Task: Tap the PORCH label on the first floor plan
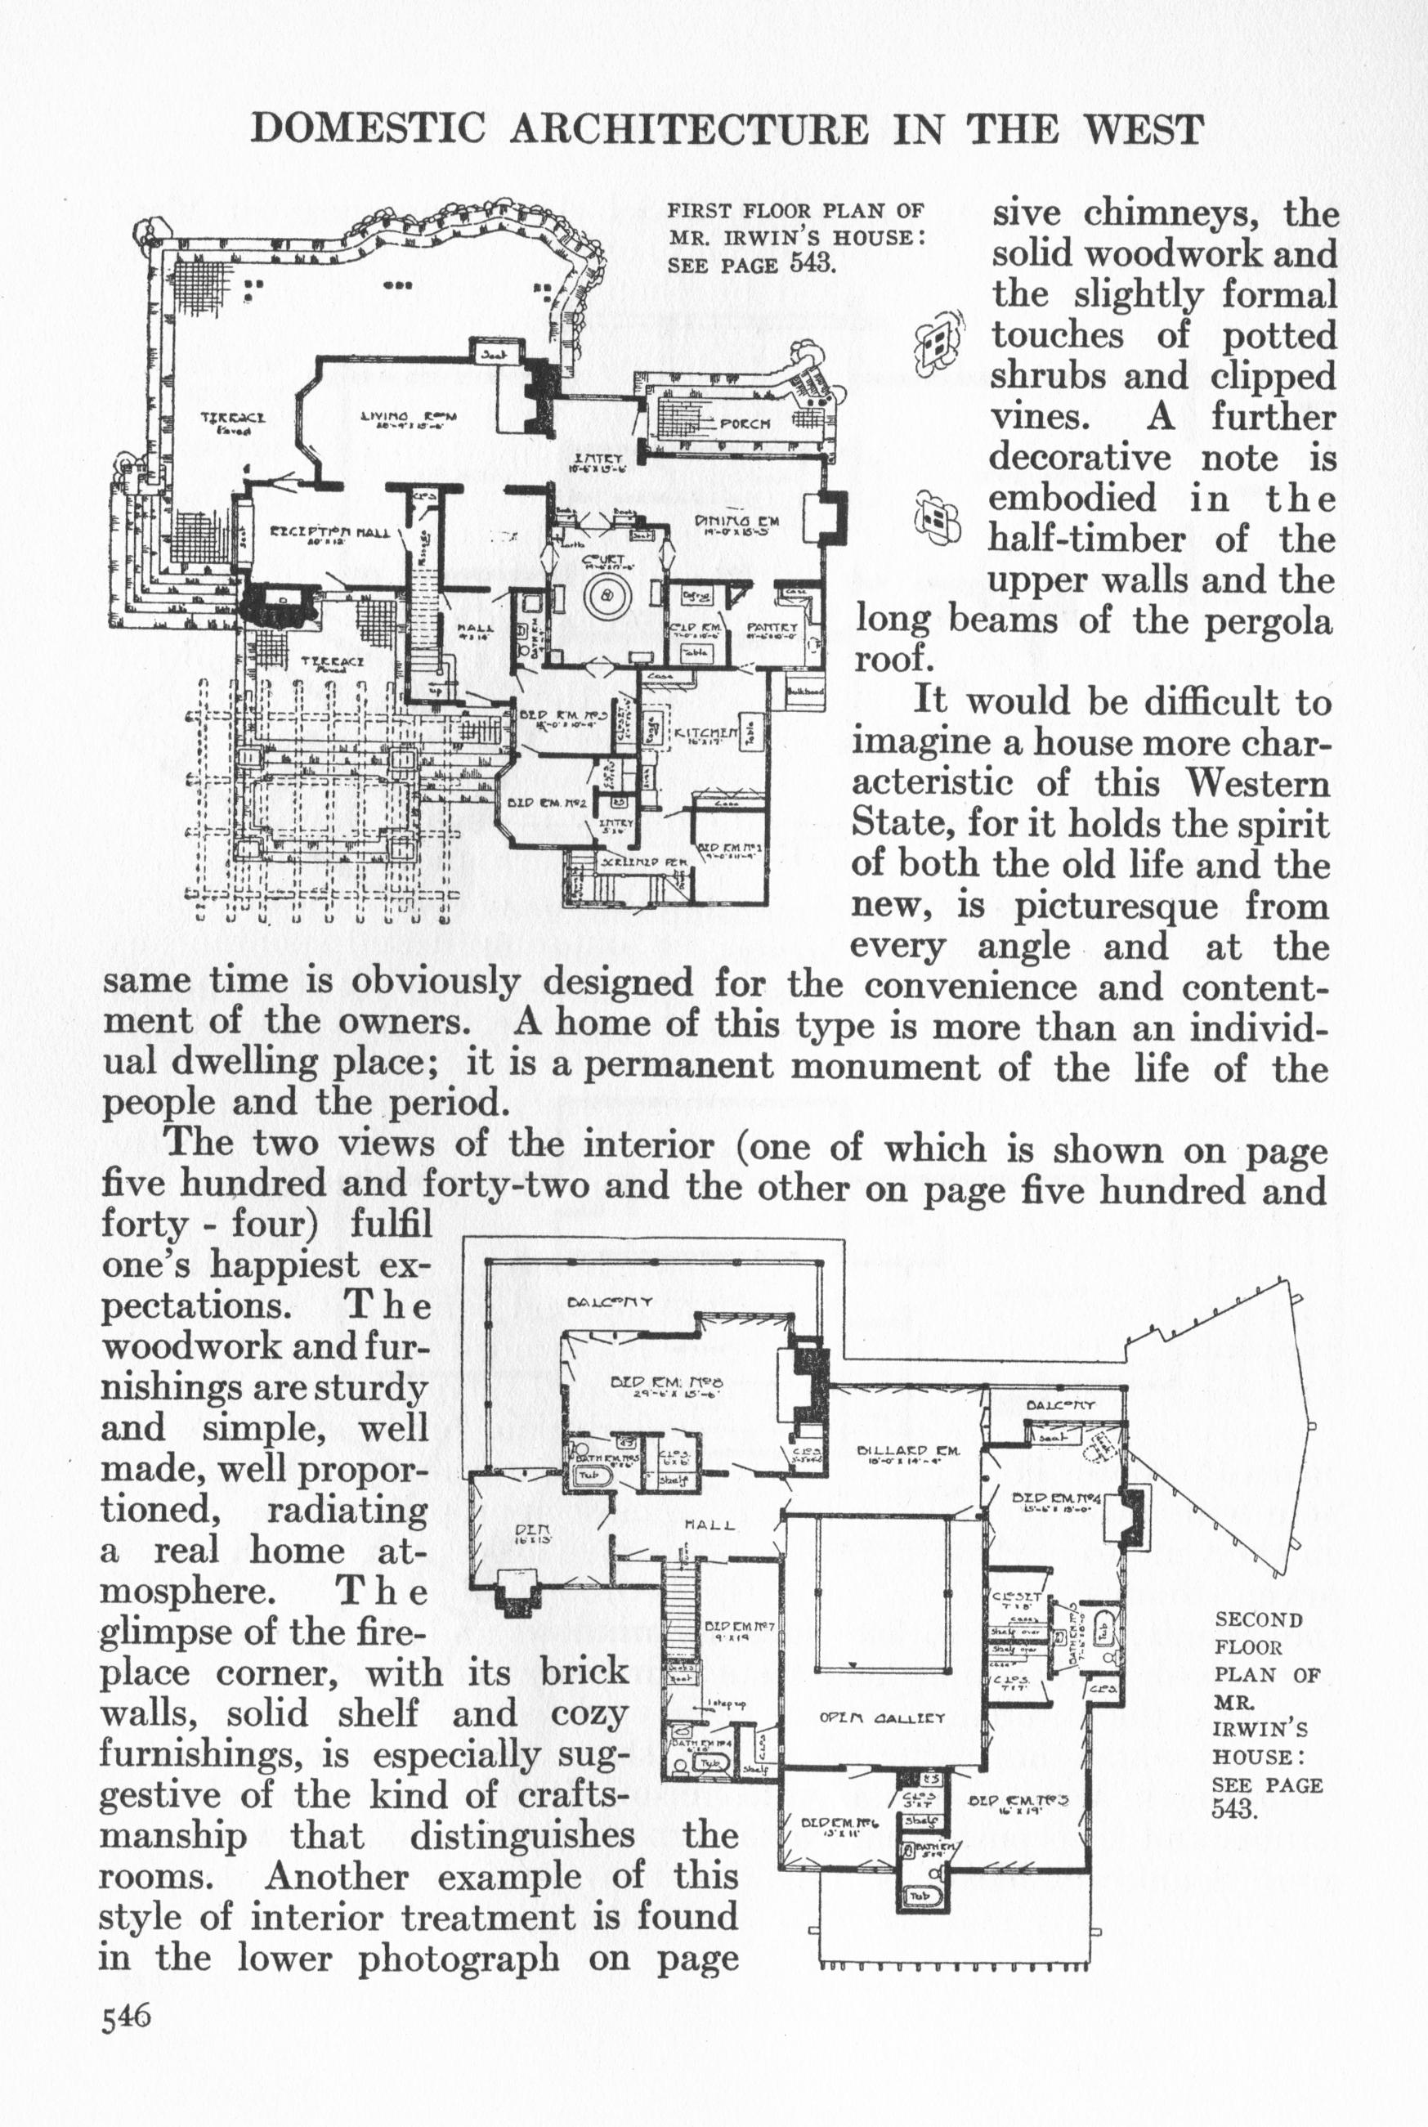tap(745, 423)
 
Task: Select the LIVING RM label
tap(409, 417)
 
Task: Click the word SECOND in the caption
tap(1259, 1620)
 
